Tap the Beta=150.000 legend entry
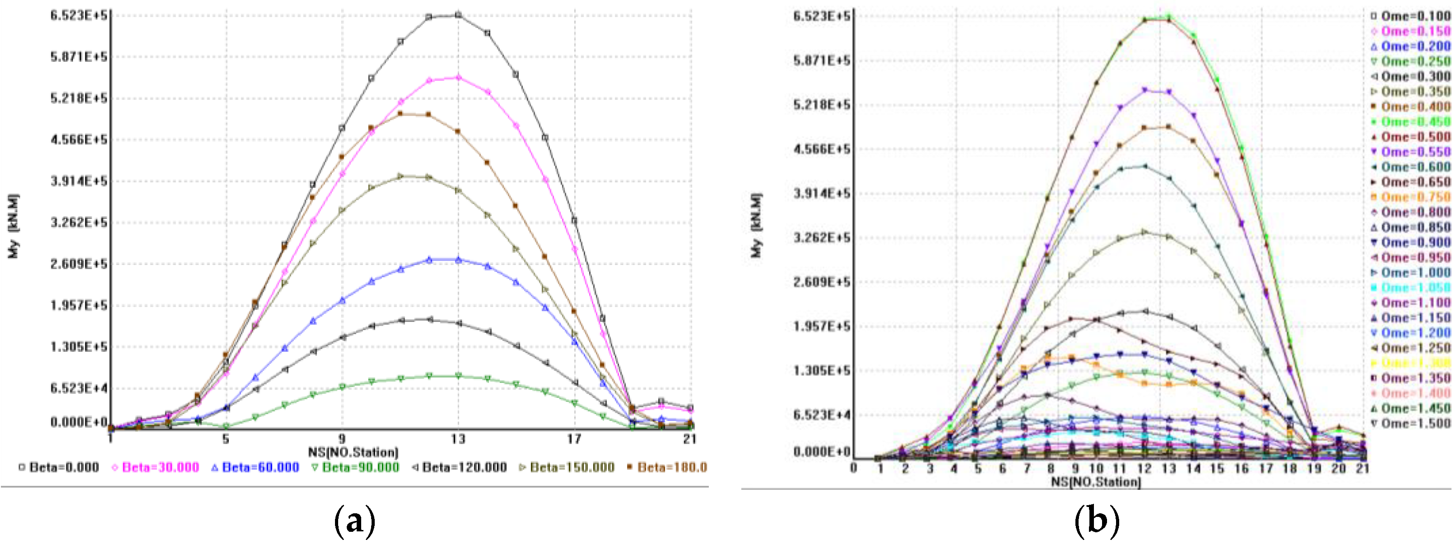tap(567, 468)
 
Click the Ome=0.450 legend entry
tap(1411, 122)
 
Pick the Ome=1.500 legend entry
tap(1411, 423)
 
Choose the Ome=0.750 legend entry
tap(1411, 197)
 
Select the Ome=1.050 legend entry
tap(1411, 288)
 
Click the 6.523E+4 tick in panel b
tap(821, 415)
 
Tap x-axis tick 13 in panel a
tap(458, 439)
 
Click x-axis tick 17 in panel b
tap(1266, 468)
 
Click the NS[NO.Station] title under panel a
tap(353, 452)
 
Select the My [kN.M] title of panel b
tap(756, 226)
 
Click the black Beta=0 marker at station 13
tap(458, 15)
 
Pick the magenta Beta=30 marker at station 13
tap(458, 77)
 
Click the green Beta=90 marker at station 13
tap(458, 376)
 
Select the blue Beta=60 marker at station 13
tap(458, 260)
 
